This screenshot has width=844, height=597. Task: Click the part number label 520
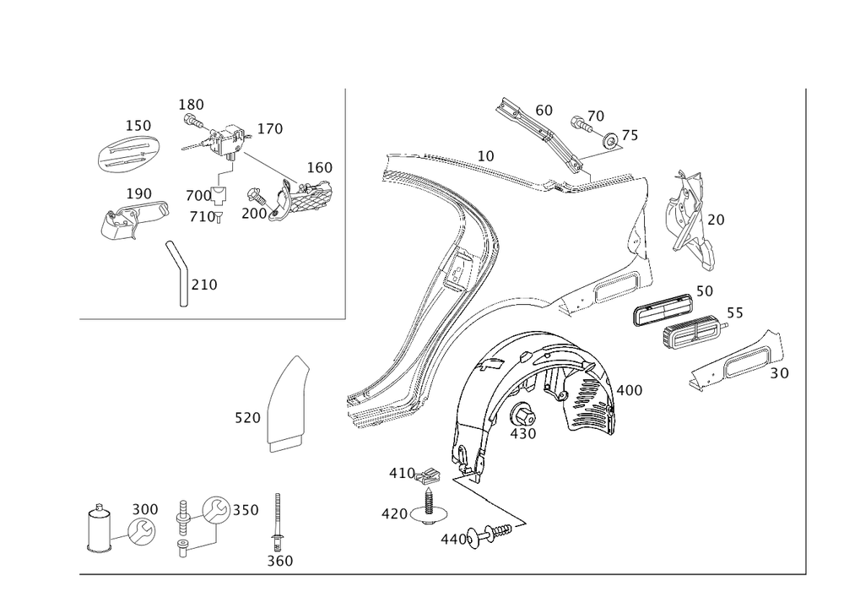pos(247,418)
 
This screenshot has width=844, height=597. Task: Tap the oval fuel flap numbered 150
pos(129,154)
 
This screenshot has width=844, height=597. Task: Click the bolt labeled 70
pos(582,124)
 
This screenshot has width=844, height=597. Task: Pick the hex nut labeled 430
pos(522,415)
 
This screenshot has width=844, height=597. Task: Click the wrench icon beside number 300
pos(141,531)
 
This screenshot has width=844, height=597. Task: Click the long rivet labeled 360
pos(278,522)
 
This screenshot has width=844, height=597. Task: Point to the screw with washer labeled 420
pos(430,507)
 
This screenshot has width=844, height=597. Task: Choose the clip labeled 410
pos(429,475)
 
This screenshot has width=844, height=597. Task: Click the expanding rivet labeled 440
pos(490,534)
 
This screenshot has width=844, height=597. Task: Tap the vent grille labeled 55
pos(693,330)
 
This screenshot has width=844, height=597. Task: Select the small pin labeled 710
pos(219,216)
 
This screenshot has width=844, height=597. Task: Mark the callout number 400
pos(630,390)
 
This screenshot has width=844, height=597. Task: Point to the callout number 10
pos(485,155)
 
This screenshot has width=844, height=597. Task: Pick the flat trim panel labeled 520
pos(289,404)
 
